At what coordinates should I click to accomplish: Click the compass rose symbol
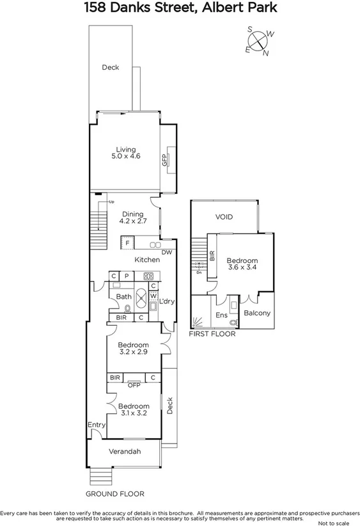click(258, 41)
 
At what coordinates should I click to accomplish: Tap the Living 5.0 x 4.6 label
click(125, 152)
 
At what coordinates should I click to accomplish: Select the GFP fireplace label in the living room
click(164, 160)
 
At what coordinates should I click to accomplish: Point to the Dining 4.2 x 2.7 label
click(133, 218)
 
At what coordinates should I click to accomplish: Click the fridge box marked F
click(128, 243)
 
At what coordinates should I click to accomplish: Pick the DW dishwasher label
click(167, 253)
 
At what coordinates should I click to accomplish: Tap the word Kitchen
click(146, 260)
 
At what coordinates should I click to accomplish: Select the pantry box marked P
click(127, 276)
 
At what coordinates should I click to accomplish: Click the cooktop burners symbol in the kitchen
click(148, 276)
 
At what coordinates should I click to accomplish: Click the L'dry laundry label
click(167, 301)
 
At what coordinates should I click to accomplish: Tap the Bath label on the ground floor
click(123, 297)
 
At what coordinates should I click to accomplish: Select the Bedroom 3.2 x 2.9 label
click(133, 348)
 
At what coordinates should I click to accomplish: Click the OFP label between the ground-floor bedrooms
click(134, 385)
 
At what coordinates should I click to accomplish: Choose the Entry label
click(97, 425)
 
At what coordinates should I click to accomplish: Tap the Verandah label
click(125, 452)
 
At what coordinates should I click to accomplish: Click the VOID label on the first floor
click(224, 217)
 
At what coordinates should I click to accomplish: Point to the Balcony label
click(257, 313)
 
